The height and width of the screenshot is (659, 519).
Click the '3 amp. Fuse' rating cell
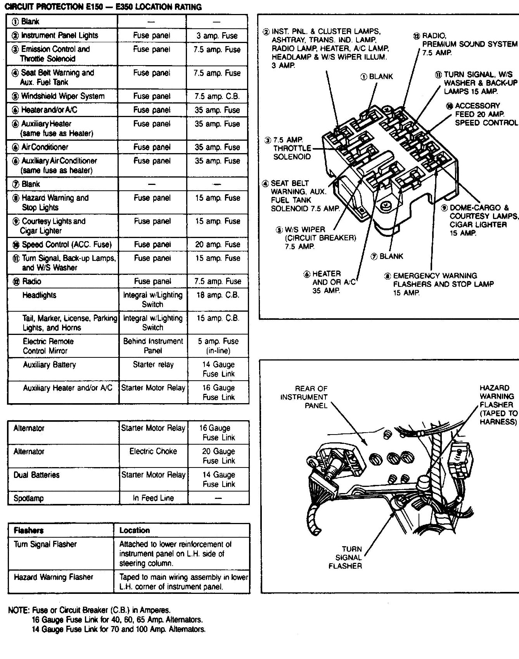(x=217, y=36)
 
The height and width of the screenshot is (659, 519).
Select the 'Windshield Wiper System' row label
(x=62, y=96)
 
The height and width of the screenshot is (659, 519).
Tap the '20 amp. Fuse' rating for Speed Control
(x=217, y=244)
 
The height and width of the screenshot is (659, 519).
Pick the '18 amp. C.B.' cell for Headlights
(x=217, y=295)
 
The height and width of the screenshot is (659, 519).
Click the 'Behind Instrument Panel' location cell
(x=153, y=346)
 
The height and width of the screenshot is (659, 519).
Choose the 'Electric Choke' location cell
(x=153, y=451)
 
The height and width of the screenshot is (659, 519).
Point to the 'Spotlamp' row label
(x=28, y=498)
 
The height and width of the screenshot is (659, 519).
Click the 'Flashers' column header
(x=29, y=530)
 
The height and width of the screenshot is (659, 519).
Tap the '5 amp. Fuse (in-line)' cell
(x=218, y=346)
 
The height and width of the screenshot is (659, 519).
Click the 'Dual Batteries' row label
(x=36, y=475)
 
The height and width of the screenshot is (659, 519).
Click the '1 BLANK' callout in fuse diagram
(x=377, y=77)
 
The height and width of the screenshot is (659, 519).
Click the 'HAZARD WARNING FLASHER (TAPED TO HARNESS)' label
(x=498, y=405)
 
